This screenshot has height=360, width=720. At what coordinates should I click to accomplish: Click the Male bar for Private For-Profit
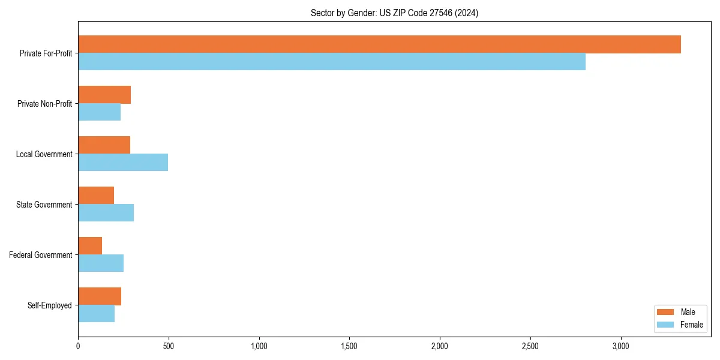(379, 44)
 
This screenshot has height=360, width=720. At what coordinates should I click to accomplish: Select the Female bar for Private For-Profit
(332, 62)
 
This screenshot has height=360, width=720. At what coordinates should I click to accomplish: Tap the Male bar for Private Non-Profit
(104, 95)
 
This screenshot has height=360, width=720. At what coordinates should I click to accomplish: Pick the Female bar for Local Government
(123, 163)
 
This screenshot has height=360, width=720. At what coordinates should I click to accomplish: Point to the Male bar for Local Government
(104, 145)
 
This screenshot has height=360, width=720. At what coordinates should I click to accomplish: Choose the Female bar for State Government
(106, 213)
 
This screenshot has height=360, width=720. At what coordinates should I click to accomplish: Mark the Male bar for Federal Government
(90, 246)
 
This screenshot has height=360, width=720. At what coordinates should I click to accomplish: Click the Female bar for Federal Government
(101, 263)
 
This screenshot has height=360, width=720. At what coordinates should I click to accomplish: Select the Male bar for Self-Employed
(100, 296)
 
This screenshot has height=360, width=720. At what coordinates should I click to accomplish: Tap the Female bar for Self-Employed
(96, 314)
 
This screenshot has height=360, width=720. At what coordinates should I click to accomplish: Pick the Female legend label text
(691, 325)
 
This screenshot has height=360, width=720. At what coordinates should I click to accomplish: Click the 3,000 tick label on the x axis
(620, 346)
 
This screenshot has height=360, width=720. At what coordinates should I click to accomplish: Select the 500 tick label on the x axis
(169, 346)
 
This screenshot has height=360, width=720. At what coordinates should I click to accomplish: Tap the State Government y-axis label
(44, 205)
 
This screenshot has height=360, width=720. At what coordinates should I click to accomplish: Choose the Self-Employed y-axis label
(50, 305)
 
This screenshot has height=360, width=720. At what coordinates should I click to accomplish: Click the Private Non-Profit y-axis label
(44, 104)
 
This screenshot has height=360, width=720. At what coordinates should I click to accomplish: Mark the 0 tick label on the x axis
(78, 346)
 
